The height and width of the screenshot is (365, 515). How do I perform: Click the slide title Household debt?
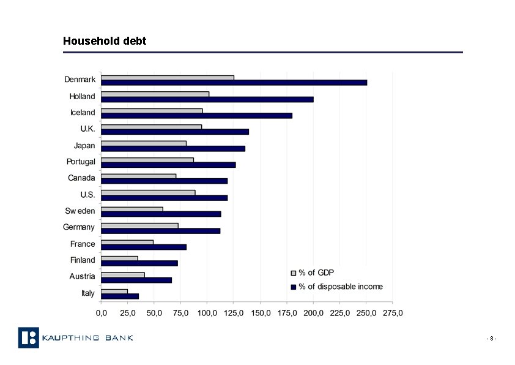[x=105, y=41]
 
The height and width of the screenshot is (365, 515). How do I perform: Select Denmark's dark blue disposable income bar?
[x=234, y=82]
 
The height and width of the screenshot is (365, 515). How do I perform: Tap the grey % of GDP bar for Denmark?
[x=167, y=78]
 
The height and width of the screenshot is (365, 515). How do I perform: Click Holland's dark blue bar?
[x=207, y=99]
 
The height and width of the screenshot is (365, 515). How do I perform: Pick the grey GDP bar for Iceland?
[x=152, y=111]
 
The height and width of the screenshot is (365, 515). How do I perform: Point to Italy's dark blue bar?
[x=120, y=296]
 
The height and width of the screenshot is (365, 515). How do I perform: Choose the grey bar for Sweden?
[x=132, y=209]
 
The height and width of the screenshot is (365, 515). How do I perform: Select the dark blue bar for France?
[x=143, y=247]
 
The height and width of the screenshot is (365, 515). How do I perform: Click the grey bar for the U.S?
[x=148, y=192]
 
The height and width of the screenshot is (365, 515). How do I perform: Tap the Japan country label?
[x=84, y=146]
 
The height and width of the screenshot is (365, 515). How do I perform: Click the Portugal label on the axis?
[x=81, y=162]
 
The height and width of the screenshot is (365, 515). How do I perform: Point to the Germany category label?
[x=79, y=227]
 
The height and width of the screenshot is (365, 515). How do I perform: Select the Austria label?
[x=82, y=276]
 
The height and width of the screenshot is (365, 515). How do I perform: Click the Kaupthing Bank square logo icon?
[x=28, y=337]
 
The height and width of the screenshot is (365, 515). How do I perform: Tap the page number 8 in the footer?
[x=491, y=339]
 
